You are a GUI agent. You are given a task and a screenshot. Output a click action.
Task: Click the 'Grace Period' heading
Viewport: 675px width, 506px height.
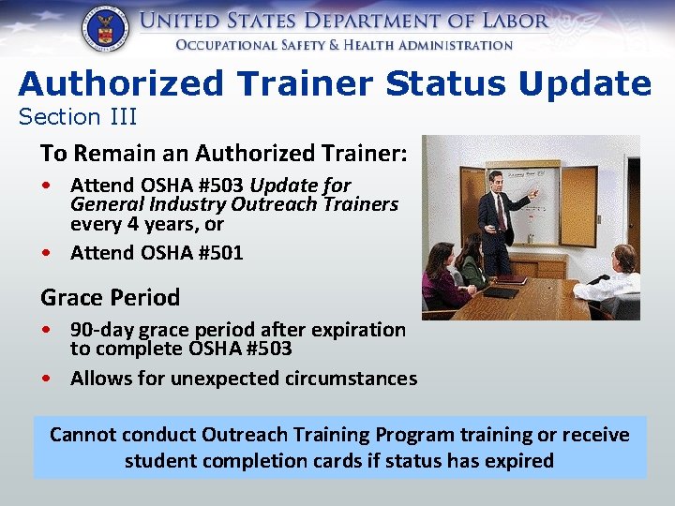point(110,298)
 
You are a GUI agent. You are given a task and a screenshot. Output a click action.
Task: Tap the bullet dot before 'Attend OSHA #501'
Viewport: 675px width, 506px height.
point(47,252)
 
